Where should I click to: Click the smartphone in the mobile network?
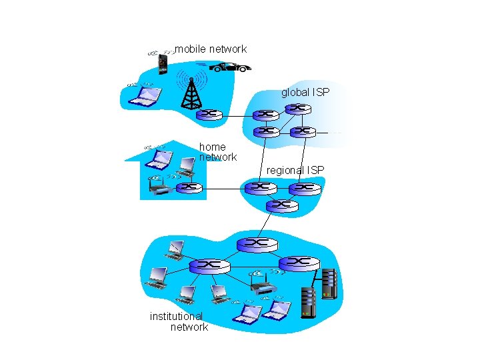[x=161, y=64]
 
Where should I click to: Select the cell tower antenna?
[x=191, y=93]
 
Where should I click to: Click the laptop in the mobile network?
[x=145, y=97]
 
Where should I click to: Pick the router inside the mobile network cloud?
[x=209, y=114]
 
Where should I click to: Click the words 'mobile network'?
[x=211, y=49]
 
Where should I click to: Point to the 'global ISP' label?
[x=305, y=92]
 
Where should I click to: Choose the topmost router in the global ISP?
[x=297, y=108]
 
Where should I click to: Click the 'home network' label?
[x=217, y=152]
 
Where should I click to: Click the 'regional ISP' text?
[x=295, y=171]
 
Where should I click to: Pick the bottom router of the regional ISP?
[x=281, y=205]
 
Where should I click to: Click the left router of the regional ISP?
[x=261, y=188]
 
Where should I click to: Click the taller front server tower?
[x=308, y=301]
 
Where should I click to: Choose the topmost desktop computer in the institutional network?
[x=175, y=249]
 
